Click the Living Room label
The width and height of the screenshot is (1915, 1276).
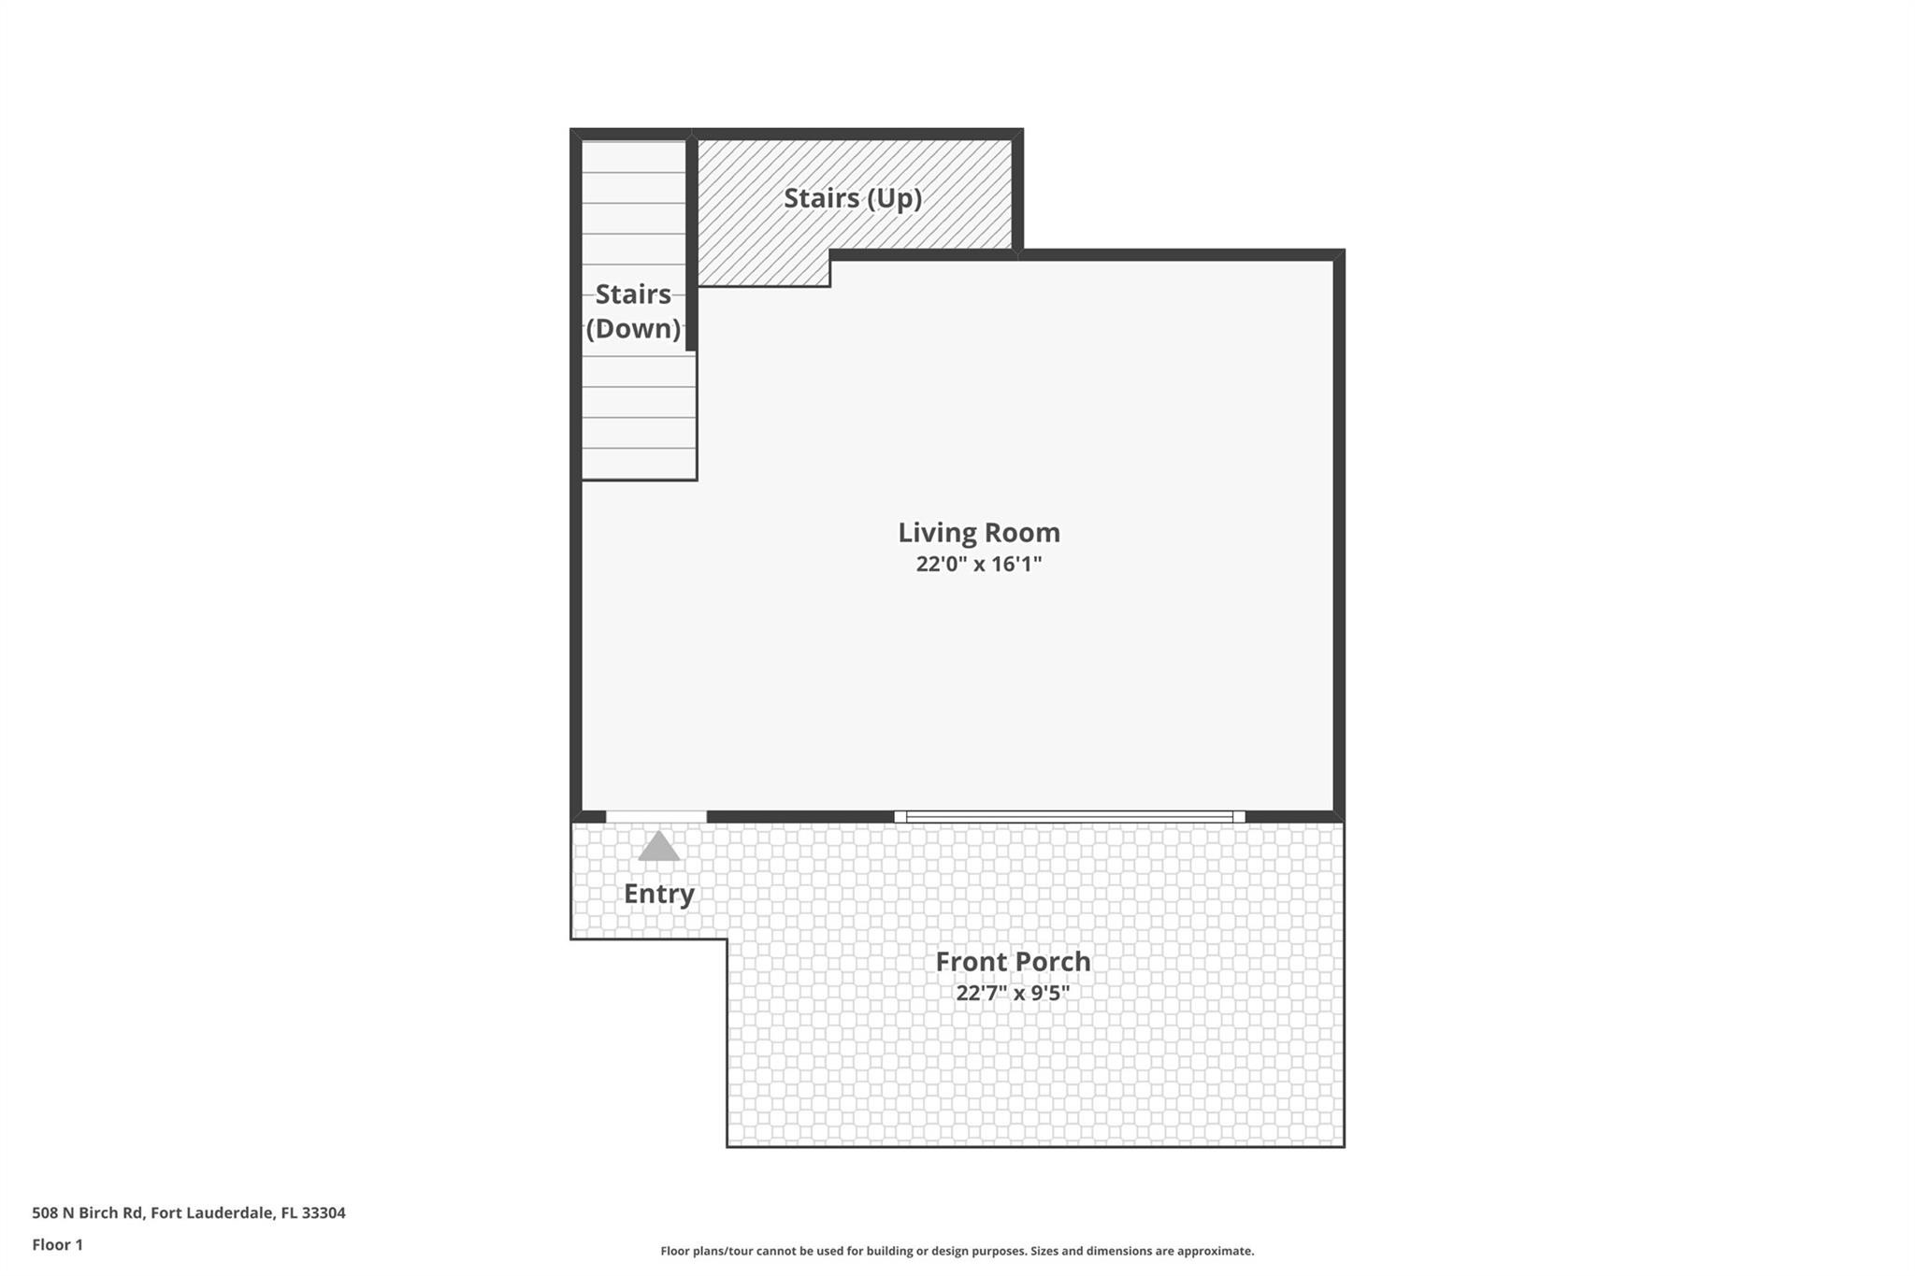coord(978,532)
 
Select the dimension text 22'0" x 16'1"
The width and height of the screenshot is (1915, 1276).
coord(978,564)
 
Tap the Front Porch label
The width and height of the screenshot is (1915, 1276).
coord(1013,961)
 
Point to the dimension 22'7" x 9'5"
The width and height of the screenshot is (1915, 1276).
coord(1013,993)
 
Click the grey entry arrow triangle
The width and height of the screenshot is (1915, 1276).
coord(658,847)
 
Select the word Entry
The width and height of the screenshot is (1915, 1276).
coord(659,894)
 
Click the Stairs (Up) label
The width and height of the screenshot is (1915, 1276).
coord(852,198)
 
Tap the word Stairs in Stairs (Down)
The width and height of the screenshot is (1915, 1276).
coord(633,294)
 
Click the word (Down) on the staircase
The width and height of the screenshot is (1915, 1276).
coord(633,329)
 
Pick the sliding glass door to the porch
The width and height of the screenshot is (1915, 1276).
coord(1069,817)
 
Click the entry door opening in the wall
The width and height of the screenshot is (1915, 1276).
coord(655,817)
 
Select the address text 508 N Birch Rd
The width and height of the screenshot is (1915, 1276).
coord(88,1212)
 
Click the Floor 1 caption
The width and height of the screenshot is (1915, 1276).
coord(57,1244)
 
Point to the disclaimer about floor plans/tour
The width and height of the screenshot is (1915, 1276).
coord(957,1251)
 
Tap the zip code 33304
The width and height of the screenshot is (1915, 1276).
coord(324,1212)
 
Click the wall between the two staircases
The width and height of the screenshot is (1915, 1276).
coord(691,243)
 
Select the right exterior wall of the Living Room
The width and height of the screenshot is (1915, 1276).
coord(1339,533)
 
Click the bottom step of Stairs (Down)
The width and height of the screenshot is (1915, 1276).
coord(639,464)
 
